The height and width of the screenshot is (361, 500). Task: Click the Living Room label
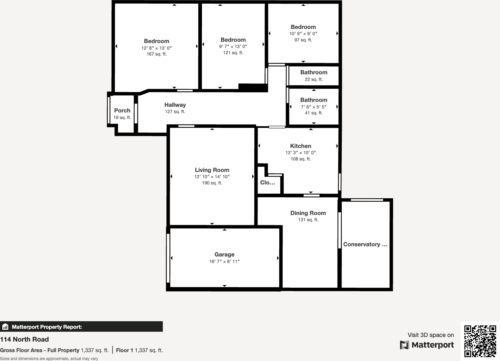pyautogui.click(x=212, y=170)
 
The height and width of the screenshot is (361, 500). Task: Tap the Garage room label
pyautogui.click(x=224, y=254)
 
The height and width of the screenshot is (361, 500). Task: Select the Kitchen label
pyautogui.click(x=300, y=146)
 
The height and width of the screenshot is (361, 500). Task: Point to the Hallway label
pyautogui.click(x=175, y=105)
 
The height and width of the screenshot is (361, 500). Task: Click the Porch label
pyautogui.click(x=122, y=110)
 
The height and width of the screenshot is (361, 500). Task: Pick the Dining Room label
pyautogui.click(x=308, y=213)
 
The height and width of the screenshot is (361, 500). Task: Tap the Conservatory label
pyautogui.click(x=365, y=244)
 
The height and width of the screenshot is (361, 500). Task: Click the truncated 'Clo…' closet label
pyautogui.click(x=267, y=182)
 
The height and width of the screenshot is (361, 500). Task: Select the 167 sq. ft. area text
pyautogui.click(x=157, y=54)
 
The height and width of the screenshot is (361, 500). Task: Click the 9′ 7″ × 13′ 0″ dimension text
pyautogui.click(x=233, y=46)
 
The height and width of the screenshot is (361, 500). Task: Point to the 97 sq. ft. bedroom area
pyautogui.click(x=303, y=40)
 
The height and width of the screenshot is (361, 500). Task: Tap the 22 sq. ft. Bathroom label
pyautogui.click(x=313, y=72)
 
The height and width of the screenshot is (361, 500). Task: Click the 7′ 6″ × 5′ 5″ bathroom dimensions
pyautogui.click(x=313, y=107)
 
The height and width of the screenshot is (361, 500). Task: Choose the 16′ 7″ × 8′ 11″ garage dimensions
pyautogui.click(x=224, y=262)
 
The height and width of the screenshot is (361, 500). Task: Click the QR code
pyautogui.click(x=480, y=341)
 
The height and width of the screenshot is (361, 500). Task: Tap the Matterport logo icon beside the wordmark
pyautogui.click(x=404, y=345)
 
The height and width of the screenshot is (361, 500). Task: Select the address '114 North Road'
pyautogui.click(x=24, y=339)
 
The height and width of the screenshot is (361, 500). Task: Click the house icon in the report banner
pyautogui.click(x=5, y=327)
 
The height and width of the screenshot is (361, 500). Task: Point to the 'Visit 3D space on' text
pyautogui.click(x=431, y=335)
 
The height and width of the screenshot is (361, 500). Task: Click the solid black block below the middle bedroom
pyautogui.click(x=253, y=87)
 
